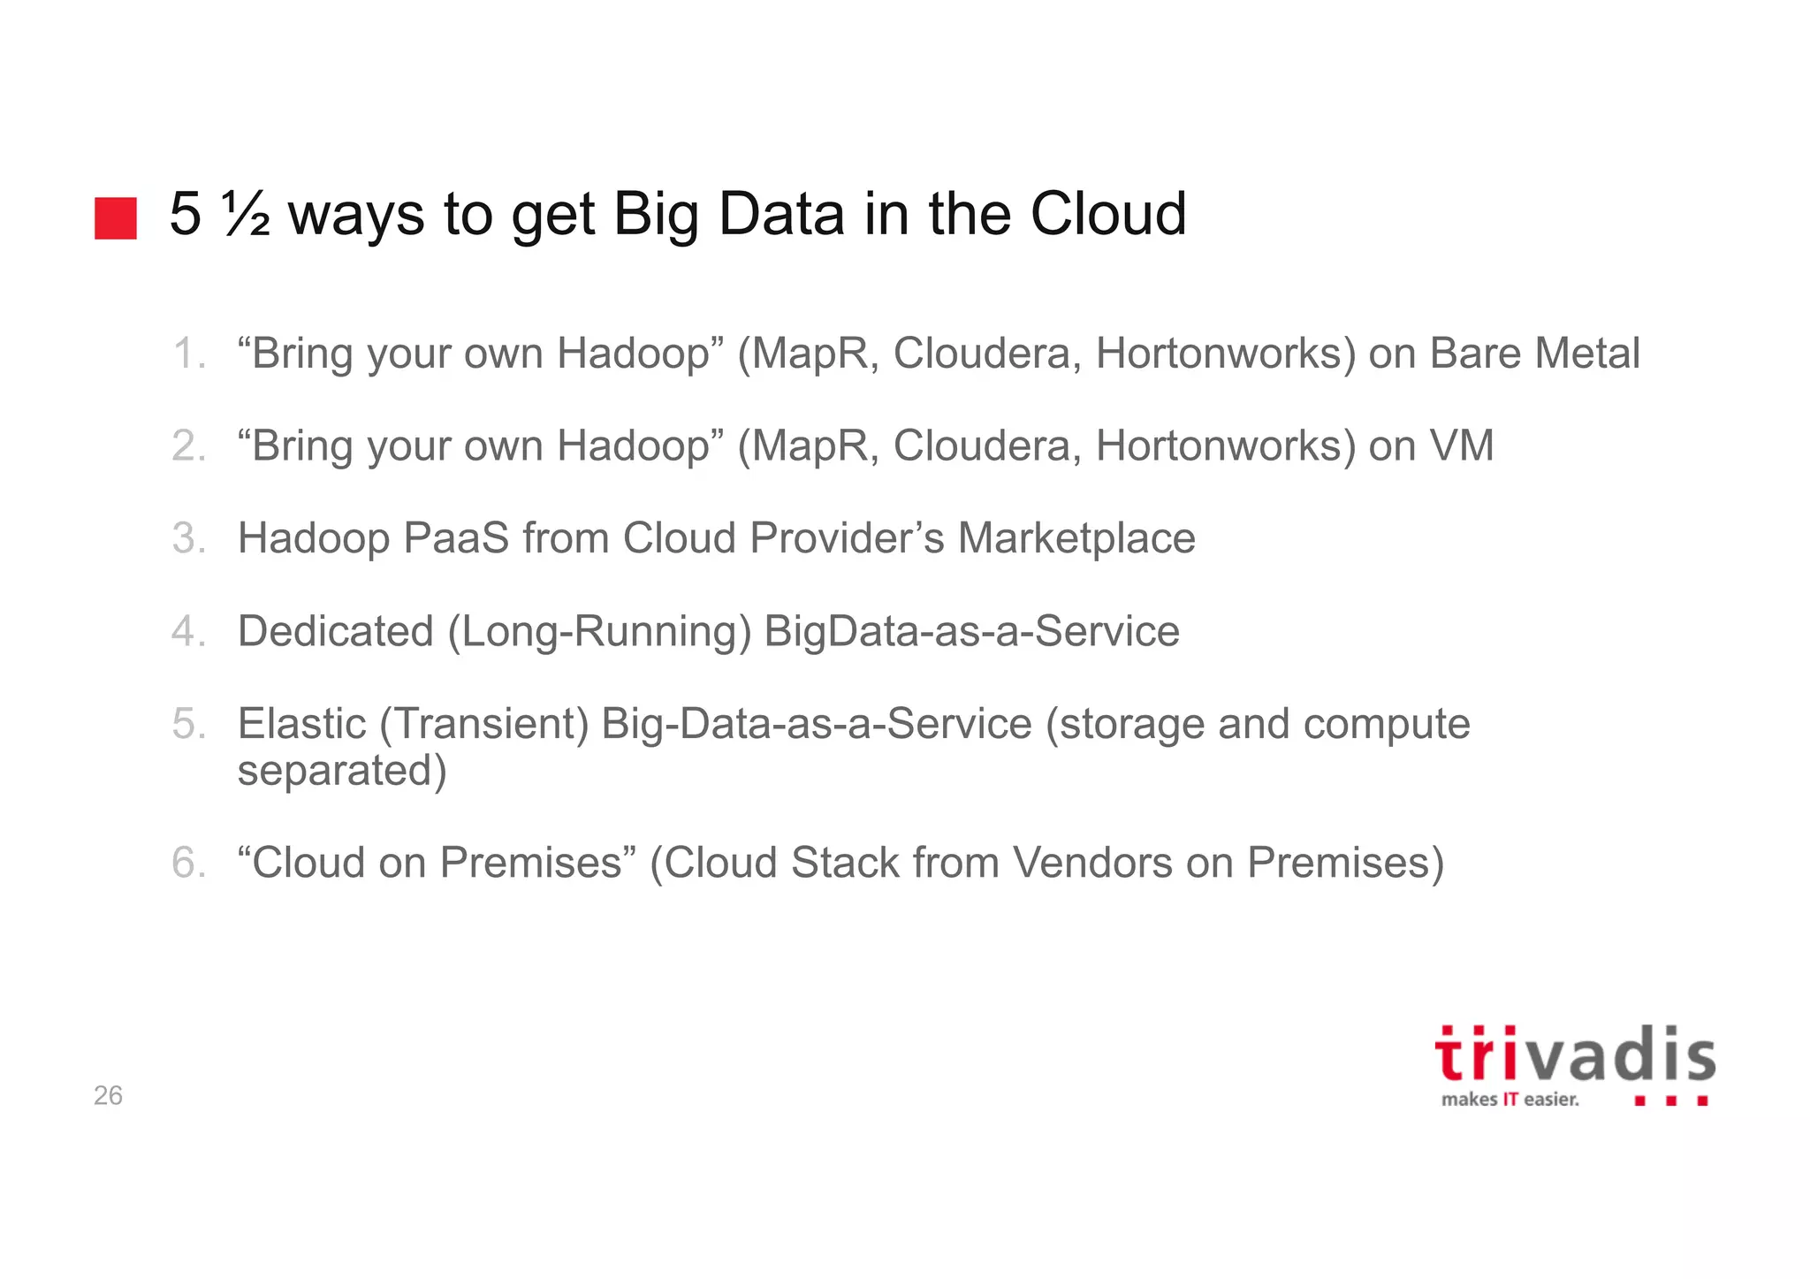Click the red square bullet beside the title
(x=116, y=218)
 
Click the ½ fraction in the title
(x=247, y=215)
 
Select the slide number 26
(x=108, y=1095)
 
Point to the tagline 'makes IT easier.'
(x=1510, y=1100)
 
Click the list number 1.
(x=188, y=354)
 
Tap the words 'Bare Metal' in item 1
(x=1534, y=354)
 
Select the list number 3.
(x=188, y=538)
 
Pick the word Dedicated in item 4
(x=336, y=631)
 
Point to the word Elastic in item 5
(x=301, y=724)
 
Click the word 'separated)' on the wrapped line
(x=342, y=770)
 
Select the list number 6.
(x=188, y=863)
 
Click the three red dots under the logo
(x=1671, y=1101)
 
